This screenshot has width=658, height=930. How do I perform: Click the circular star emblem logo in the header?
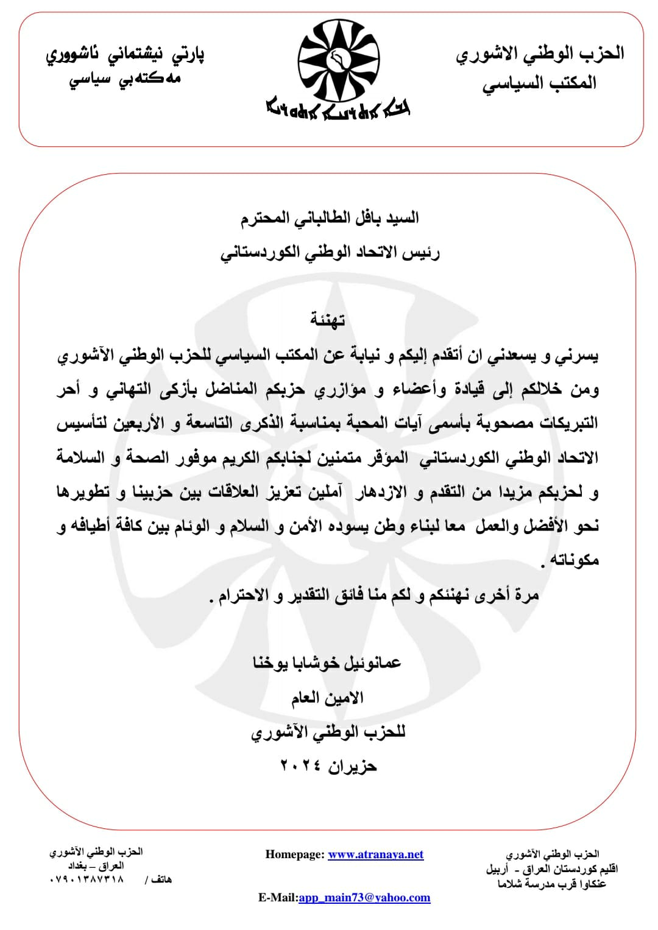coord(337,58)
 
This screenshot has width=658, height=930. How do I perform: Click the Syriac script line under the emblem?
coord(338,109)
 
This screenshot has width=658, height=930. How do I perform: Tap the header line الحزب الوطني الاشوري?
coord(540,54)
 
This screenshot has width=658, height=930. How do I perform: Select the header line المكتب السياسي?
coord(539,83)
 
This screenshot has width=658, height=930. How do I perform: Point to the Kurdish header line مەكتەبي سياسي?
coord(125,79)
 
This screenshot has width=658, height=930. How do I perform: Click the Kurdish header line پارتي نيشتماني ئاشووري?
coord(125,55)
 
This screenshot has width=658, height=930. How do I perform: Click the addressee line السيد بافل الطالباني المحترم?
coord(330,219)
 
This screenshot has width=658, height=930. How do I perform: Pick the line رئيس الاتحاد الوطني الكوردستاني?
coord(330,252)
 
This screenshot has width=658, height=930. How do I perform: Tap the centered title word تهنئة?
coord(328,319)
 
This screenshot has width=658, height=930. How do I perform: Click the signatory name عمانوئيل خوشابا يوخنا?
coord(327,663)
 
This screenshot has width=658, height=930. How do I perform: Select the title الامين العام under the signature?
coord(327,697)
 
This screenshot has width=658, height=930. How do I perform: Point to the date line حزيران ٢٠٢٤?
coord(328,766)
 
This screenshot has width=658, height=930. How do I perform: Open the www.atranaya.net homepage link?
coord(375,854)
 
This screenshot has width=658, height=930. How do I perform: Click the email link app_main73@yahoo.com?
coord(364,898)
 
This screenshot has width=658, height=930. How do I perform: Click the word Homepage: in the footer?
coord(295,854)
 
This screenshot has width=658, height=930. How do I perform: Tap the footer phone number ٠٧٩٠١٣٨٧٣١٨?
coord(86,879)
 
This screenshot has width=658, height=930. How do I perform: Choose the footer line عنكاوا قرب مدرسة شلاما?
coord(552,884)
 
